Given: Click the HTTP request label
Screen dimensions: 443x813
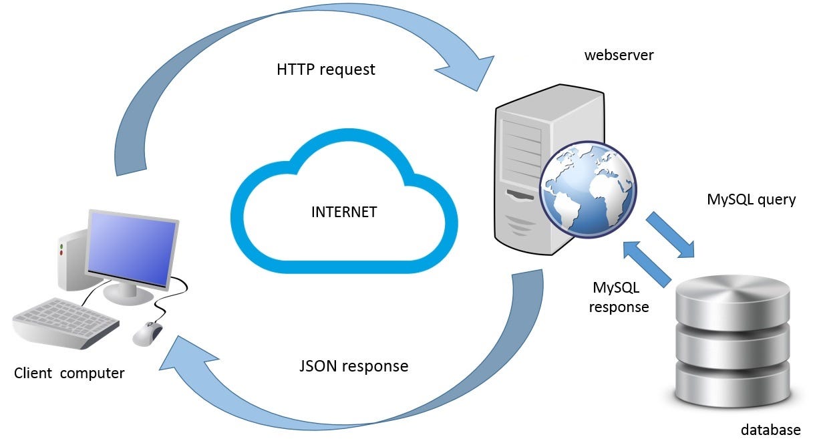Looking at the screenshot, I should (x=325, y=69).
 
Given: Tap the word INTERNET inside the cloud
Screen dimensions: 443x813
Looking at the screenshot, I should (x=344, y=212).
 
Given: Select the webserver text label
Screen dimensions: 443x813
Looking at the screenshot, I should (x=619, y=55).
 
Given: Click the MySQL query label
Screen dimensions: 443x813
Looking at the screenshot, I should (x=751, y=199).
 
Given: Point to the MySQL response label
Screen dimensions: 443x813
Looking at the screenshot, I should (x=621, y=297).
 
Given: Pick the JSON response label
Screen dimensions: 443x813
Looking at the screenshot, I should (x=353, y=366).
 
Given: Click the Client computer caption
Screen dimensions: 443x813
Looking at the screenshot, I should (x=69, y=373).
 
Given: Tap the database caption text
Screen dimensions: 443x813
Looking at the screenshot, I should (x=770, y=429).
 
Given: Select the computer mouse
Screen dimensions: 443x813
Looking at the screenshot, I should (x=148, y=332).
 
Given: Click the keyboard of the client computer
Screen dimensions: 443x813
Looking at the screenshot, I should (x=65, y=323).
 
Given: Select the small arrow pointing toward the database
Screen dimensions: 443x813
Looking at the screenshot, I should (x=671, y=235).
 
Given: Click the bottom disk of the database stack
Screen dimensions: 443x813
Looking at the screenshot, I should (x=733, y=384).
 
